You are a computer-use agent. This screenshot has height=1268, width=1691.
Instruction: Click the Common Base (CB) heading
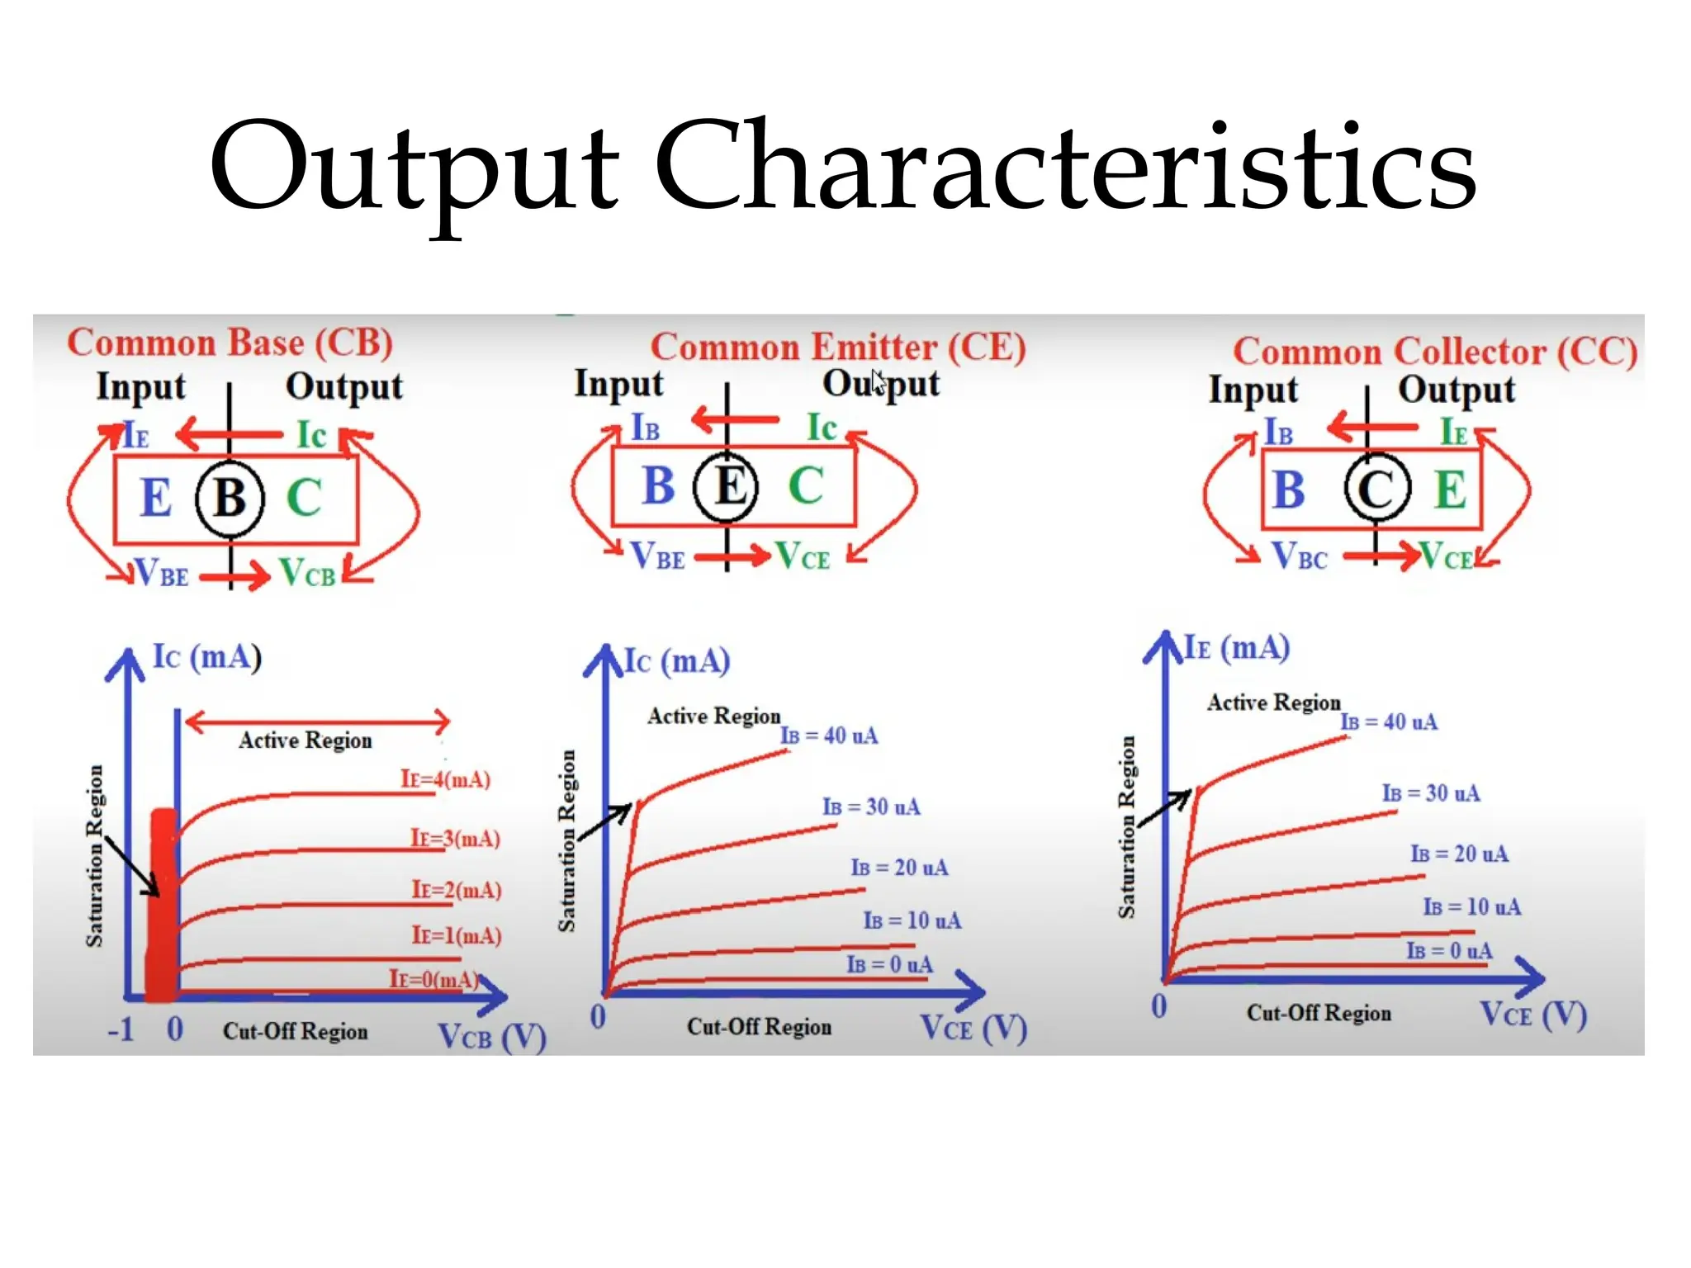230,343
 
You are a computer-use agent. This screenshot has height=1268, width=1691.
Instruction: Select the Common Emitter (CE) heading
837,348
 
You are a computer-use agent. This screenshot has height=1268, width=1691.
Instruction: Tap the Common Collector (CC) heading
1435,352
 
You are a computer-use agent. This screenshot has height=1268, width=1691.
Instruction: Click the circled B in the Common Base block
230,498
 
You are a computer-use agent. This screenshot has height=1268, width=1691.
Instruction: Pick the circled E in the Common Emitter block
726,486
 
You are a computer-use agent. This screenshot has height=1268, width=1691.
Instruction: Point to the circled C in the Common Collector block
1375,489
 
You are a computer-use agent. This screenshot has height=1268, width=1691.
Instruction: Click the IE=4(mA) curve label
445,779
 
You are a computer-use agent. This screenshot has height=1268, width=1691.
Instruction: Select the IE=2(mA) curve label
457,890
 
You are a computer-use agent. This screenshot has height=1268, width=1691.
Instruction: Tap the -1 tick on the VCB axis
121,1029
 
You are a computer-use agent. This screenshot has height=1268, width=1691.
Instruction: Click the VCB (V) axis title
492,1037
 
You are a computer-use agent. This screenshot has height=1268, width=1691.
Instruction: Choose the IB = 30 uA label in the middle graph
871,807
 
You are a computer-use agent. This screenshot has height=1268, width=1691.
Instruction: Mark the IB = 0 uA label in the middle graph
889,964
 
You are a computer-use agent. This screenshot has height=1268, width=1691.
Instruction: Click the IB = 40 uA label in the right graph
1389,722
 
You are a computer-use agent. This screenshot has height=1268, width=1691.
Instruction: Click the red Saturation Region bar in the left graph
163,904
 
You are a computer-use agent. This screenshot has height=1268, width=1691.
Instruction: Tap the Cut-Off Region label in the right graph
1319,1013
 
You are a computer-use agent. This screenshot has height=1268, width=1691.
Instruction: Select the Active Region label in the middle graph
713,716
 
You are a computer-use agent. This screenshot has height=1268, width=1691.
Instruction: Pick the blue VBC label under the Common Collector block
1299,557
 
